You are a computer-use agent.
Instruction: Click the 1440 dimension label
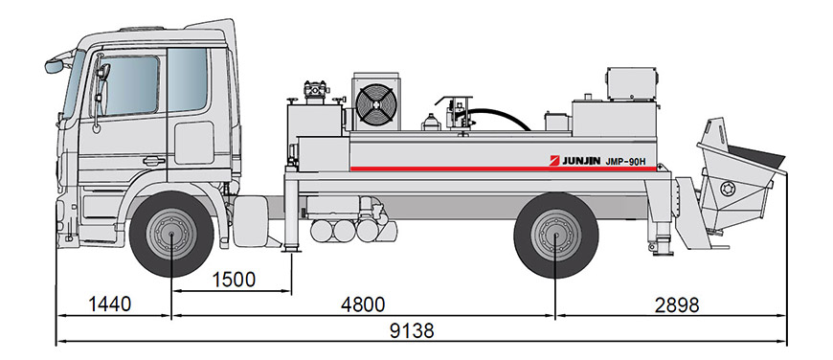click(x=109, y=304)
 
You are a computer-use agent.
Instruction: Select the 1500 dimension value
click(x=234, y=280)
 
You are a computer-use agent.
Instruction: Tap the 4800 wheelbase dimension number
click(x=363, y=304)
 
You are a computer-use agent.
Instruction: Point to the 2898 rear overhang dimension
click(x=677, y=304)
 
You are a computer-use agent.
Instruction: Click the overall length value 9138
click(x=412, y=330)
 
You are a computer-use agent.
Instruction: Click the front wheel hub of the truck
click(x=171, y=234)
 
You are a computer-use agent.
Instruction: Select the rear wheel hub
click(x=555, y=236)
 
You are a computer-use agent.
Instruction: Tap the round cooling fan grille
click(x=376, y=104)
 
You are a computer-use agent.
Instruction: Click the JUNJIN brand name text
click(x=581, y=161)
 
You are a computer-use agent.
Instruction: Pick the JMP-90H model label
click(x=626, y=162)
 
